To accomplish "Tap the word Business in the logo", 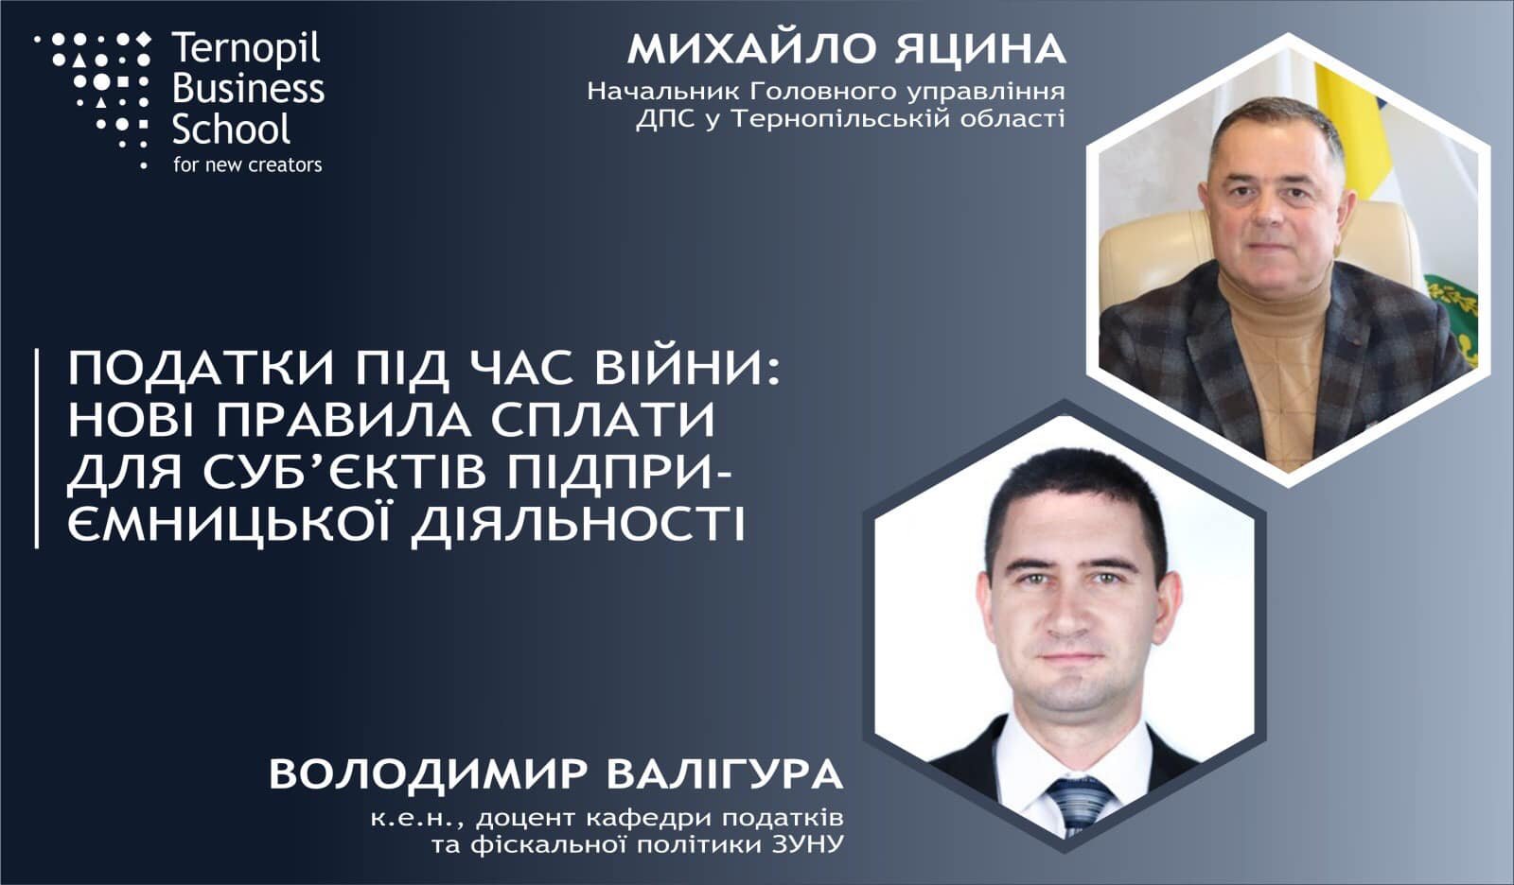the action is point(248,89).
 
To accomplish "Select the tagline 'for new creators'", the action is point(247,165).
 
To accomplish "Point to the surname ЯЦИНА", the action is point(980,49).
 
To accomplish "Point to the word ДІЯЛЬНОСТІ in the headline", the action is point(578,522).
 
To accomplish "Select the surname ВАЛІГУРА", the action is point(725,774).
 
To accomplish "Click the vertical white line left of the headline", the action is point(37,448).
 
